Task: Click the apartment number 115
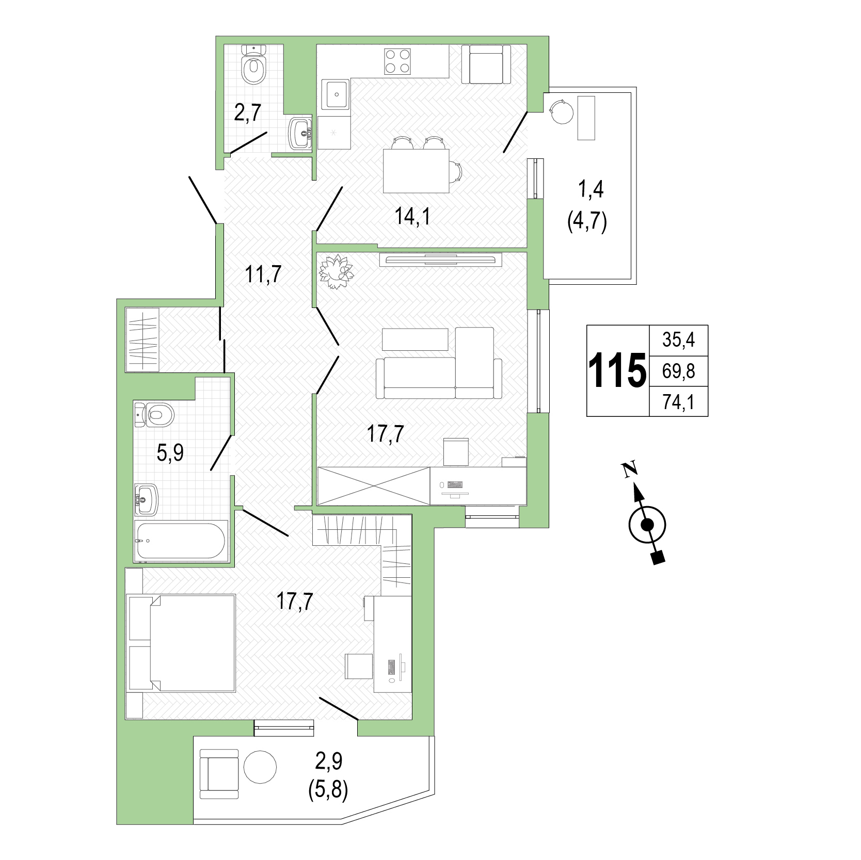(x=617, y=370)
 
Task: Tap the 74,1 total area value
(x=678, y=402)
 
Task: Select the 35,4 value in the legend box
(x=678, y=340)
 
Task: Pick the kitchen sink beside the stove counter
(x=336, y=94)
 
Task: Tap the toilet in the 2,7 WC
(x=253, y=64)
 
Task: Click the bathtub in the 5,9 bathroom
(x=180, y=541)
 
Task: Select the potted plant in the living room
(x=337, y=271)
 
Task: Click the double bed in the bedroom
(x=181, y=642)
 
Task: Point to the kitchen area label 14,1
(x=412, y=216)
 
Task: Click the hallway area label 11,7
(x=263, y=274)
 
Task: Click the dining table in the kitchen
(x=416, y=171)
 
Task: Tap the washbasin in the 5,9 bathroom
(x=146, y=499)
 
